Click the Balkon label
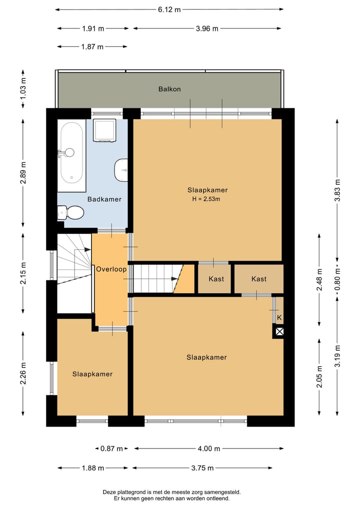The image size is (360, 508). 169,89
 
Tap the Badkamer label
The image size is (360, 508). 104,199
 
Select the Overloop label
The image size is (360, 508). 111,269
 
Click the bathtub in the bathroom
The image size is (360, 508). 71,155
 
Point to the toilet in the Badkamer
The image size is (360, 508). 70,212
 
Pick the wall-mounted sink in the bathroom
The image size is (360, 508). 121,170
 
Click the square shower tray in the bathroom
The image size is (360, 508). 104,130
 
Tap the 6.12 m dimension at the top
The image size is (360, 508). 169,9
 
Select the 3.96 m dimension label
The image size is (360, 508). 207,28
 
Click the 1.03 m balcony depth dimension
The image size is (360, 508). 23,89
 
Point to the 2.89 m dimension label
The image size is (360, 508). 23,172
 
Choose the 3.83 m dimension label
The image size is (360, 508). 337,190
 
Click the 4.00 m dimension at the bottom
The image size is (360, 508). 209,449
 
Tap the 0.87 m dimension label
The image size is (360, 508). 111,449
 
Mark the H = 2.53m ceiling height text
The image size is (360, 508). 206,199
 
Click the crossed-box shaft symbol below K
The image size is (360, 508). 279,332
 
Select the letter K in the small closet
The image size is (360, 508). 279,318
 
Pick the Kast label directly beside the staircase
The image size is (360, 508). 216,279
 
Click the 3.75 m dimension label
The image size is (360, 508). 202,468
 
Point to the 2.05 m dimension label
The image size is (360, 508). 319,376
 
